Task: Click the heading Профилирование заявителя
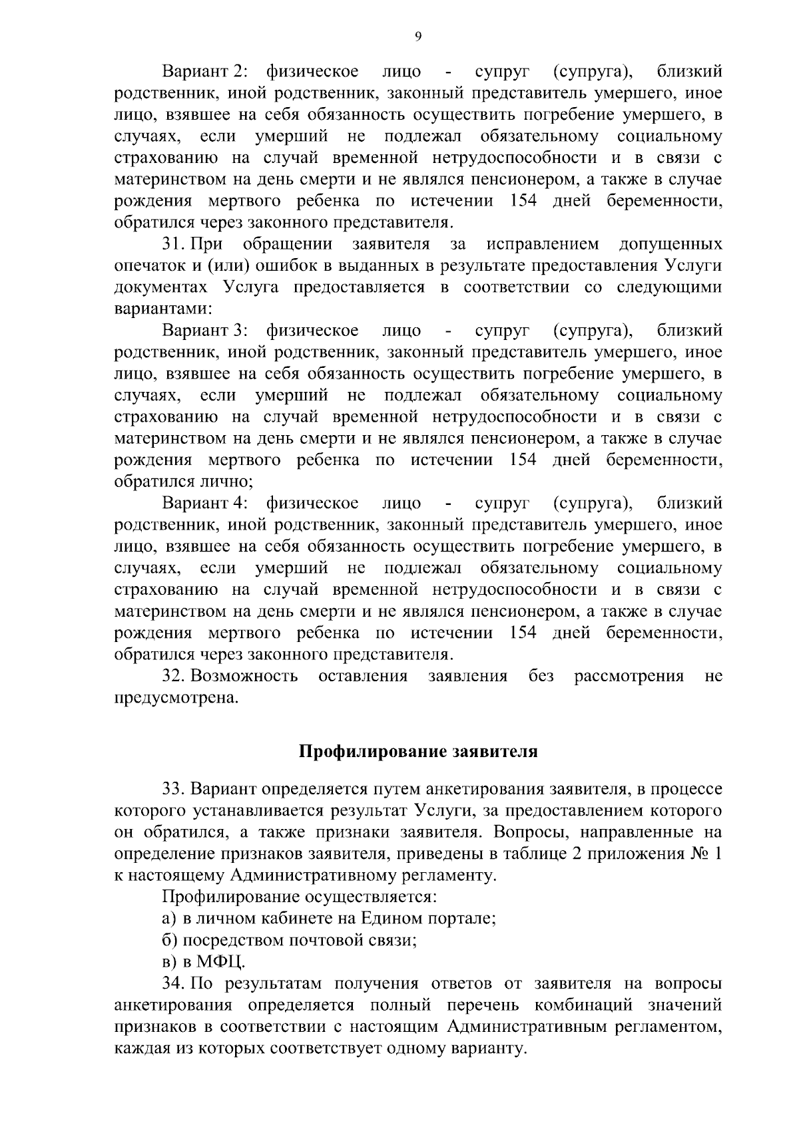[417, 752]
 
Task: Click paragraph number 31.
[173, 244]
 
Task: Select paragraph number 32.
[173, 677]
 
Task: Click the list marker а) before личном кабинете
[168, 919]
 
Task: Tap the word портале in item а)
[459, 919]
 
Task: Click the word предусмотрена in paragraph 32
[176, 699]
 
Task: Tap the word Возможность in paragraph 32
[244, 677]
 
